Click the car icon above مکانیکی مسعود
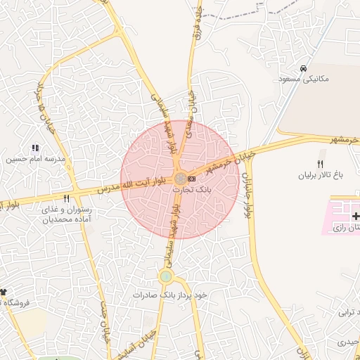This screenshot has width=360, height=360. tap(302, 69)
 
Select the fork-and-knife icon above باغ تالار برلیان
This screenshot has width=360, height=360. tap(320, 164)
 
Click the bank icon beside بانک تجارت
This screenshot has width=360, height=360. tap(191, 179)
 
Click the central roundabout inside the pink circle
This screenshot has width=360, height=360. tap(181, 179)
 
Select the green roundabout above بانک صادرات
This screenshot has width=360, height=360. tap(166, 276)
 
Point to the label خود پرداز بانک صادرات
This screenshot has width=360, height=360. tap(171, 295)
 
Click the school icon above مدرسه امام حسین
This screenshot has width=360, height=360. tap(35, 148)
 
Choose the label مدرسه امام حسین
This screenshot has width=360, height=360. tap(36, 159)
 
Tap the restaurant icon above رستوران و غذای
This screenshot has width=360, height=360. tap(66, 199)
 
